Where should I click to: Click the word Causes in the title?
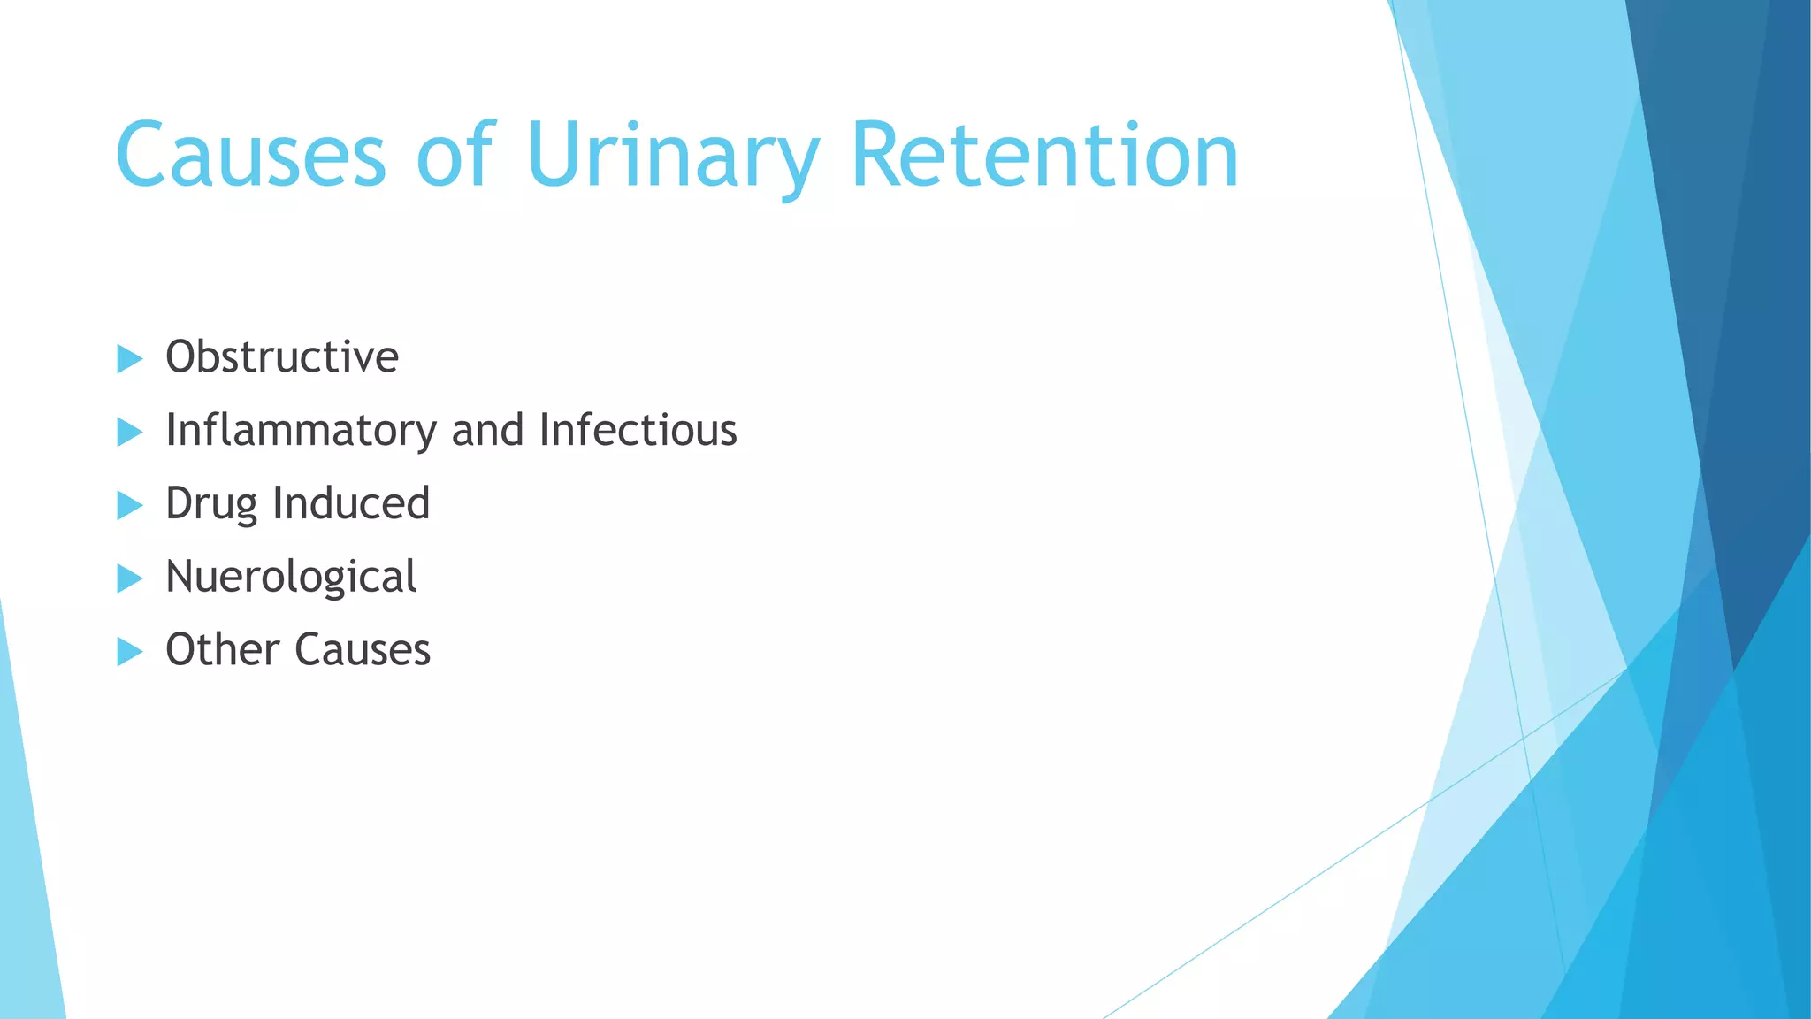250,156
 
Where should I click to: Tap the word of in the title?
455,156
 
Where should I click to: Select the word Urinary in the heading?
672,156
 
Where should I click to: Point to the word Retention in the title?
1044,156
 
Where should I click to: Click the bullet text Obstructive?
282,357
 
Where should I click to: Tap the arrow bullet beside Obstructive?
129,359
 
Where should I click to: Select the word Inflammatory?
301,431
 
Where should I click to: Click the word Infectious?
638,431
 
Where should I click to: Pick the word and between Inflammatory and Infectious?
487,431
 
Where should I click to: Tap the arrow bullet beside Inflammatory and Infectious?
129,433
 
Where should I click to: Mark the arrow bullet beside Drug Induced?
129,506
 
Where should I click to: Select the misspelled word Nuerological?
291,577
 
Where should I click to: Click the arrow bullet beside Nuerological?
129,579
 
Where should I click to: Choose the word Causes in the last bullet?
363,650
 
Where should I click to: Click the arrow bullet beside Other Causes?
129,653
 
